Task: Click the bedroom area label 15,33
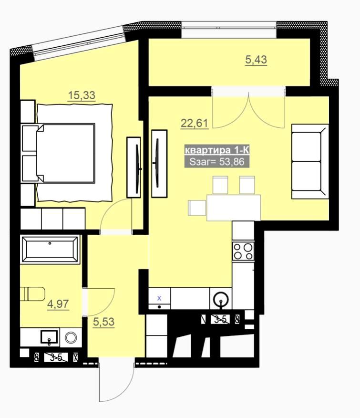pyautogui.click(x=82, y=95)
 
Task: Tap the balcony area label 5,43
pyautogui.click(x=256, y=60)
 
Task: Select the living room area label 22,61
pyautogui.click(x=194, y=124)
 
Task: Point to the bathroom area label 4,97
pyautogui.click(x=58, y=304)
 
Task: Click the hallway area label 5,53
pyautogui.click(x=103, y=322)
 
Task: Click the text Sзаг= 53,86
pyautogui.click(x=217, y=162)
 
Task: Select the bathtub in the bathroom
pyautogui.click(x=50, y=250)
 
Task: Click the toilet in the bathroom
pyautogui.click(x=32, y=293)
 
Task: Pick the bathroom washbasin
pyautogui.click(x=49, y=337)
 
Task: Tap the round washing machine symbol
pyautogui.click(x=71, y=337)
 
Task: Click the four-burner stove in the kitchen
pyautogui.click(x=243, y=251)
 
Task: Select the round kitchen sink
pyautogui.click(x=221, y=299)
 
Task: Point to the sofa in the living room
pyautogui.click(x=310, y=161)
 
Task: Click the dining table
pyautogui.click(x=234, y=208)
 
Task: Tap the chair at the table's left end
pyautogui.click(x=197, y=208)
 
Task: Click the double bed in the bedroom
pyautogui.click(x=66, y=153)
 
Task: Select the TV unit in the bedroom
pyautogui.click(x=134, y=167)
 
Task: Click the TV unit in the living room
pyautogui.click(x=159, y=164)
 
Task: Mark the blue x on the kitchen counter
pyautogui.click(x=159, y=298)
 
